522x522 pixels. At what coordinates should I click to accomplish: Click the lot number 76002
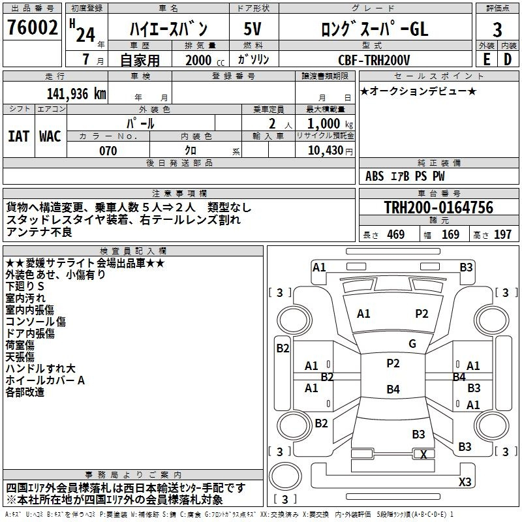(x=32, y=27)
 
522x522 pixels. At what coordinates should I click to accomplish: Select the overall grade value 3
(x=497, y=29)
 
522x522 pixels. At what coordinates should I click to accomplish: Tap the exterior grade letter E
(x=486, y=59)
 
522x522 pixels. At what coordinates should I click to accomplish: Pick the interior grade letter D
(x=508, y=59)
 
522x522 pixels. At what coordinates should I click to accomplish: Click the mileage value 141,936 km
(x=76, y=94)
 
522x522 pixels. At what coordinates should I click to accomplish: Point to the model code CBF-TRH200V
(x=374, y=60)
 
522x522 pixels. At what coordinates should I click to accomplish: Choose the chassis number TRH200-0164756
(x=438, y=207)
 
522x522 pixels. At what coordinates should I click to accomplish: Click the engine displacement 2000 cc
(x=205, y=60)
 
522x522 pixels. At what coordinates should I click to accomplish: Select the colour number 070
(x=108, y=151)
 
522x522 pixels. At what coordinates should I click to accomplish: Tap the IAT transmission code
(x=18, y=136)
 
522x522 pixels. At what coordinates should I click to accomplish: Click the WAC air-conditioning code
(x=50, y=136)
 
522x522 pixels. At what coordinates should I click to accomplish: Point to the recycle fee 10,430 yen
(x=330, y=151)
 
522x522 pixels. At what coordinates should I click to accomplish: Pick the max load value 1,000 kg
(x=330, y=124)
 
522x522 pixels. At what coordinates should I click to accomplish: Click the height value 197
(x=502, y=234)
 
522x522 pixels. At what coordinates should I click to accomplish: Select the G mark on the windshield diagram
(x=412, y=344)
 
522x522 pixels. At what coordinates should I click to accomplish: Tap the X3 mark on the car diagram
(x=465, y=482)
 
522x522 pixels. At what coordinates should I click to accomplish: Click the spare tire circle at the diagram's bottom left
(x=285, y=476)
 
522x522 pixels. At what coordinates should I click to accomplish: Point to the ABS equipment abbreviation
(x=375, y=176)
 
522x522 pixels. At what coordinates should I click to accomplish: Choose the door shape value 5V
(x=253, y=29)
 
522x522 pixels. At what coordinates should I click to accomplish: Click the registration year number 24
(x=85, y=35)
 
